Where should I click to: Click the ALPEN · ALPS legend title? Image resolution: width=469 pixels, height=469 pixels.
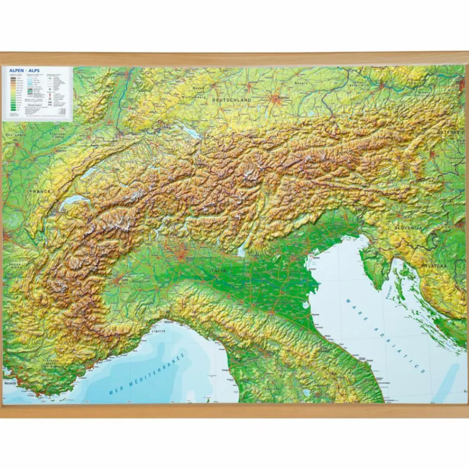[24, 71]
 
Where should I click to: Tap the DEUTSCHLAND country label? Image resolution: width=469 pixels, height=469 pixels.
[231, 99]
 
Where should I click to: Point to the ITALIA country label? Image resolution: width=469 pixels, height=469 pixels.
[218, 271]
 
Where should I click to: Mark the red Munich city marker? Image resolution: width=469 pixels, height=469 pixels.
[276, 98]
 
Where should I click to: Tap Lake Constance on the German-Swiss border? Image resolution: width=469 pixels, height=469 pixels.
[190, 132]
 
